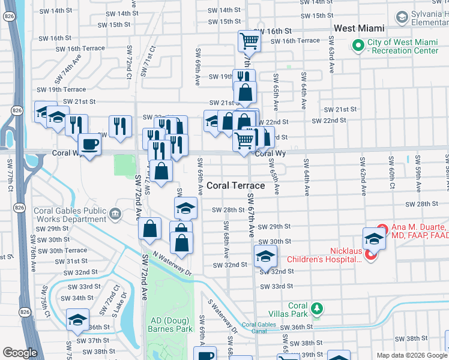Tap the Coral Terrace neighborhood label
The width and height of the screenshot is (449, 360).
pos(235,185)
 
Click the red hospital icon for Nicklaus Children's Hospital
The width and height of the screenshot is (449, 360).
pos(370,256)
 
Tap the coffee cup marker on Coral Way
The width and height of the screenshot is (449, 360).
pos(90,145)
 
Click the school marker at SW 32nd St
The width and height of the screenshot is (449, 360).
pos(265,256)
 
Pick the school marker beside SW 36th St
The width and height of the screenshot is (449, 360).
pos(77,320)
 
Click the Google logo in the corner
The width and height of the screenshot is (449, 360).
pos(20,353)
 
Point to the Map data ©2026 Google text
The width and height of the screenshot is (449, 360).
pos(411,355)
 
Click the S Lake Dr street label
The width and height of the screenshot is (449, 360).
pos(118,304)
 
